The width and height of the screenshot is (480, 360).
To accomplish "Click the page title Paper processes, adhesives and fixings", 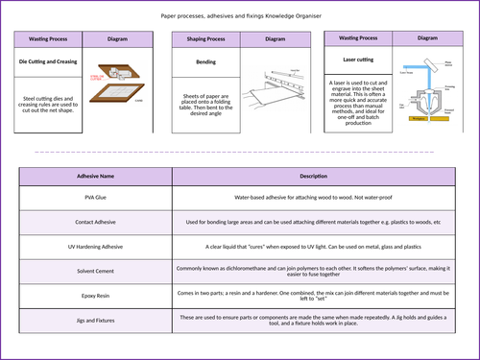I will point(239,16).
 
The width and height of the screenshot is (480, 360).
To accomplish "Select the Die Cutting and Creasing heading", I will point(49,60).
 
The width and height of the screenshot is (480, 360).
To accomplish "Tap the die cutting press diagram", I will point(116,87).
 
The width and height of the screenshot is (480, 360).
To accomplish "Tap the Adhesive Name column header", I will point(95,177).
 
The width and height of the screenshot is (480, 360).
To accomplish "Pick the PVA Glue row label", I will point(95,197).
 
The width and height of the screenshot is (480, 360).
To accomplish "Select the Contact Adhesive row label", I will point(95,222).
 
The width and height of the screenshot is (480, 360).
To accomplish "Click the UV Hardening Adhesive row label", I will point(95,246).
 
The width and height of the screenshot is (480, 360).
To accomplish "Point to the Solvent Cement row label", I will point(95,270).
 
